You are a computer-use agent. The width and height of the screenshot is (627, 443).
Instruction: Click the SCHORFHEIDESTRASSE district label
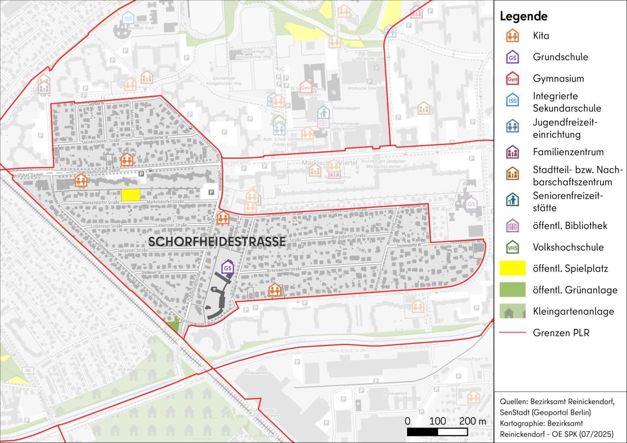point(217,242)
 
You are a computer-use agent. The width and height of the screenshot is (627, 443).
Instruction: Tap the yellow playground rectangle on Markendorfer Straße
point(130,195)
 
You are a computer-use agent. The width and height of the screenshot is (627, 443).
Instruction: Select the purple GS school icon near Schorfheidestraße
point(228,267)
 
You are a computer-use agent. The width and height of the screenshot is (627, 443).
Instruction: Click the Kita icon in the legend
point(512,36)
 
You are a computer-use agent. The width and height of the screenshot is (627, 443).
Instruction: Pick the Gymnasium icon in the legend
point(512,79)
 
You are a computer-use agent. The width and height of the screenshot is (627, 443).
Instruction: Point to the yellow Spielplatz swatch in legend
point(512,268)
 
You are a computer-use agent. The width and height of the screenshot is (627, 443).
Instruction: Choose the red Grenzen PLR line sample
point(512,333)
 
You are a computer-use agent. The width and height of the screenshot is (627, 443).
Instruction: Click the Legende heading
point(523,16)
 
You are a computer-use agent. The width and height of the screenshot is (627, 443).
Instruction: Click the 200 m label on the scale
point(473,421)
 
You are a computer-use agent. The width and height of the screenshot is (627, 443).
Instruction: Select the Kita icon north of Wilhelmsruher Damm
point(127,159)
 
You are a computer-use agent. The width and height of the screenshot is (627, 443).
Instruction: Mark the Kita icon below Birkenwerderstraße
point(274,290)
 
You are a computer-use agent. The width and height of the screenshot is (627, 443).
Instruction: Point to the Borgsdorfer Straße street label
point(348,236)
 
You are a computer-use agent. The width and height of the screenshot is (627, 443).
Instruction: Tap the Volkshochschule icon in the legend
point(512,247)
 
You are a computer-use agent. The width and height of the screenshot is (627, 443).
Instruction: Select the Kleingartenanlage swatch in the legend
point(512,311)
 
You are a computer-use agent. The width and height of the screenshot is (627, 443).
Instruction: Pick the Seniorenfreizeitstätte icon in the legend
point(512,200)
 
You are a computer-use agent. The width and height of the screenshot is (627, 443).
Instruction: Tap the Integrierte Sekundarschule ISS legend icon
point(512,100)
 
